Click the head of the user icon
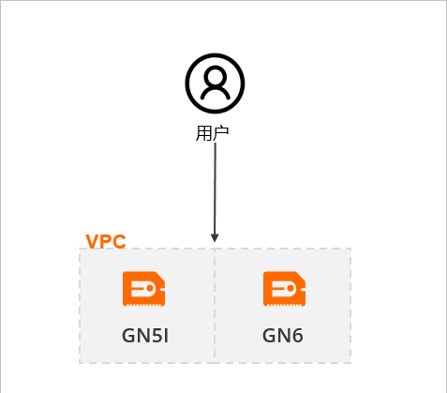(215, 76)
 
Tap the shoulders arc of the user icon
(216, 89)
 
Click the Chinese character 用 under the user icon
(203, 133)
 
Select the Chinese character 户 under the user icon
(220, 133)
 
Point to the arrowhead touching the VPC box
(215, 238)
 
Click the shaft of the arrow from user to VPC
(215, 189)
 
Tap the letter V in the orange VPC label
(92, 241)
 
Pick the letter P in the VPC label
(105, 241)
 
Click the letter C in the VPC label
(119, 241)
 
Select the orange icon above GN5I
(143, 289)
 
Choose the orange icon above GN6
(284, 289)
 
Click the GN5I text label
(145, 336)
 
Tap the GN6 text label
(283, 336)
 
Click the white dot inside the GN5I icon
(150, 288)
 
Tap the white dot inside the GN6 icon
(291, 288)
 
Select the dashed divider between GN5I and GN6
(215, 306)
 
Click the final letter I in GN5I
(166, 336)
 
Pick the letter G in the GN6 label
(269, 336)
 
